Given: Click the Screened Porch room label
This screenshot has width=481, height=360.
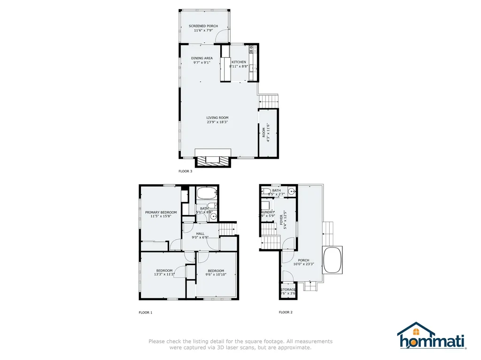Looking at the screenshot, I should coord(203,26).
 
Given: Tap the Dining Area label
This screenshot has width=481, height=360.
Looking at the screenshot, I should coord(202,58).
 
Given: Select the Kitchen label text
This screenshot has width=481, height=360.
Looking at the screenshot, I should coord(238,62).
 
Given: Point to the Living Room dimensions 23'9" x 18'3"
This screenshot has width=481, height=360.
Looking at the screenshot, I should coord(217,122).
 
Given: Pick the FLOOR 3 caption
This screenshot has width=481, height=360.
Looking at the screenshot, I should coord(185,171).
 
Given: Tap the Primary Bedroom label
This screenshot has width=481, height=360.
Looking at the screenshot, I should coord(161,212).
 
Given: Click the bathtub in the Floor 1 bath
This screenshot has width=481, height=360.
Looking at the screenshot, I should coord(206,193).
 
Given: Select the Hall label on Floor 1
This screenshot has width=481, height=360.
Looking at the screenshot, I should coord(200,233).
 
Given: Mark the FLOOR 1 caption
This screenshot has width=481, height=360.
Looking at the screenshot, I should coord(145,312).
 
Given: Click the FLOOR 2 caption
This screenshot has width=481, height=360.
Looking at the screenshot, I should coord(286,312).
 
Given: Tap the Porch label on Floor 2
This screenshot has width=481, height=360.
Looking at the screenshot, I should coord(303,260).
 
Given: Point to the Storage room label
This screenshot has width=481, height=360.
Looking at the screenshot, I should coord(288,290).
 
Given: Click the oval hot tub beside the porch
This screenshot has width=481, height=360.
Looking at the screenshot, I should coord(332,259).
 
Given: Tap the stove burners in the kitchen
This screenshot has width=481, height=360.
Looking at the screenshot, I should coord(252,48).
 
